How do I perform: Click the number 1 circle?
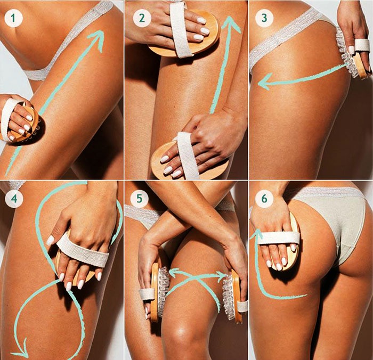pyautogui.click(x=13, y=19)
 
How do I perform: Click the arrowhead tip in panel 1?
pyautogui.click(x=100, y=34)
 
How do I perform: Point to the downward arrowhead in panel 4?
pyautogui.click(x=20, y=353)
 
